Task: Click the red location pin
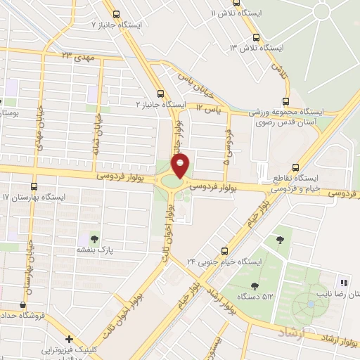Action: click(x=181, y=167)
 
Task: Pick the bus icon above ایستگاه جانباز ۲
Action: click(x=162, y=93)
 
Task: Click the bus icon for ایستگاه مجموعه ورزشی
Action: click(x=285, y=101)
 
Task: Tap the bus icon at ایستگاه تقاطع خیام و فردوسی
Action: click(x=295, y=167)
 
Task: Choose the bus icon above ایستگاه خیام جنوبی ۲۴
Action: click(x=225, y=250)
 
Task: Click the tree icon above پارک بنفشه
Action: click(x=95, y=240)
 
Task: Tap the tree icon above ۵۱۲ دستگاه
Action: click(x=254, y=285)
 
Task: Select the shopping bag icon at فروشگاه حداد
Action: click(x=25, y=304)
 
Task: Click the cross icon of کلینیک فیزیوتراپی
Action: click(x=68, y=339)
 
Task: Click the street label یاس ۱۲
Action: click(x=208, y=108)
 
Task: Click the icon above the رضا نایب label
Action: click(x=345, y=279)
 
